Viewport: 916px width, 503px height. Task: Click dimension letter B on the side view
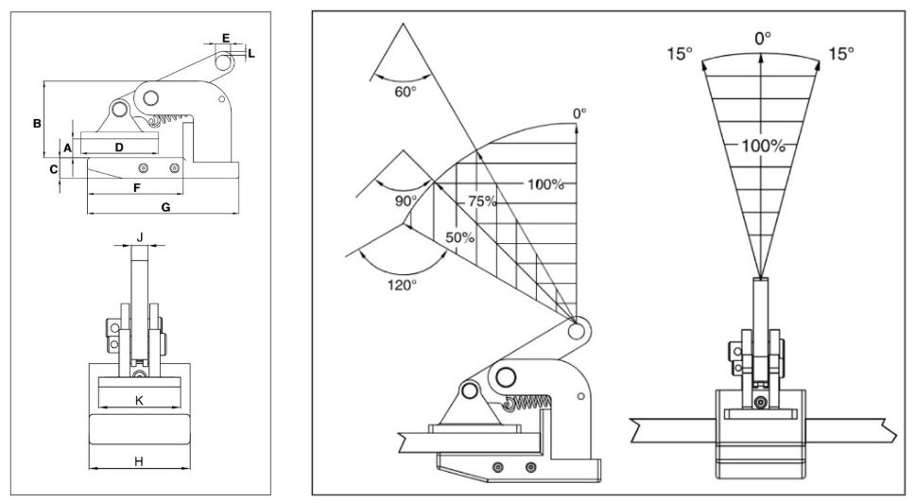(36, 123)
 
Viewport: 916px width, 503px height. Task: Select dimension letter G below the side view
(166, 207)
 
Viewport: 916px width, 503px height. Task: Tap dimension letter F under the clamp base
(137, 188)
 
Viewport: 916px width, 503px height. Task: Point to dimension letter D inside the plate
(119, 147)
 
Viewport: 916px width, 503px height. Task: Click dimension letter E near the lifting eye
(225, 38)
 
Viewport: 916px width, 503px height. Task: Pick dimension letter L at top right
(251, 54)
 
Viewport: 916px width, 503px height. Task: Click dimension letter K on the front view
(139, 401)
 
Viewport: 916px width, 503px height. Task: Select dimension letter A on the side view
(67, 148)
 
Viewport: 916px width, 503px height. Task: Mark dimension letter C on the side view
(54, 169)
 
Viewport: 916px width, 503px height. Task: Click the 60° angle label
(406, 92)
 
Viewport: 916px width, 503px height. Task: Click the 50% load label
(459, 237)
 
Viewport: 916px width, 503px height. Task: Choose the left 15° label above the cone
(678, 52)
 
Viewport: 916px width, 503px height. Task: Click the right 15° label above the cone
(840, 52)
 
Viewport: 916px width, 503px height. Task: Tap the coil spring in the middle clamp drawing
(529, 404)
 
